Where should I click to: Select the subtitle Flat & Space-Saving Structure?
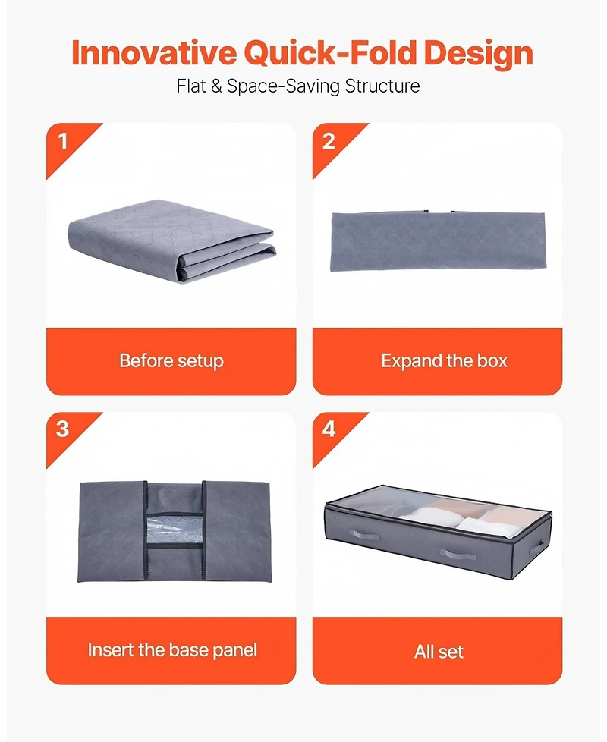pos(298,86)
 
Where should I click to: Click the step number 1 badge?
pos(63,142)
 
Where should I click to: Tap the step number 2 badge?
pos(329,142)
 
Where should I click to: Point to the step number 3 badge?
pos(63,429)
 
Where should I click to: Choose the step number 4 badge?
pos(329,429)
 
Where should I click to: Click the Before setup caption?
pos(171,361)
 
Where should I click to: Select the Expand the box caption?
pos(444,361)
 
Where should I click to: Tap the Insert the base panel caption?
pos(172,650)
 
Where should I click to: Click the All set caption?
pos(439,652)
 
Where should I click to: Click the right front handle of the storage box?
pos(458,555)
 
